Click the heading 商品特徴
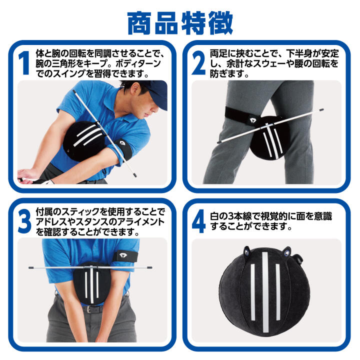[180, 23]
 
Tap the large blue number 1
[24, 63]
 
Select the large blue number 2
[198, 63]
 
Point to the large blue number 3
[24, 221]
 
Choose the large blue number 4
[198, 221]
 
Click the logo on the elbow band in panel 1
[122, 144]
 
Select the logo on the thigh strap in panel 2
[253, 120]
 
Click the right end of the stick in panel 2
[322, 109]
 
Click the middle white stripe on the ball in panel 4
[265, 292]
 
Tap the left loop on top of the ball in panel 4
[247, 251]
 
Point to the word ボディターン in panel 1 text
[138, 63]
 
